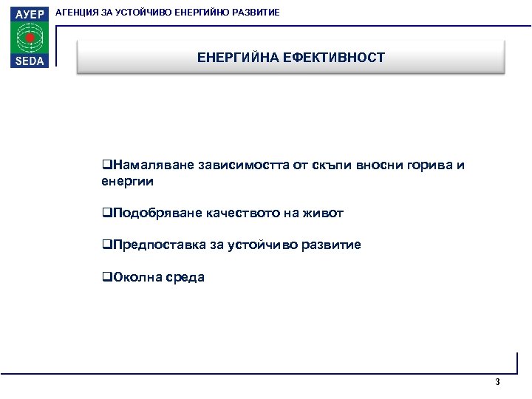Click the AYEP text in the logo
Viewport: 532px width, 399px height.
(29, 14)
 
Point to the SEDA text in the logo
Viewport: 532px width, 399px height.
(29, 61)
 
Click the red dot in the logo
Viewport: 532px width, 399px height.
(30, 38)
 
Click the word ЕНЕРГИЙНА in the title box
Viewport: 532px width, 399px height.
(238, 58)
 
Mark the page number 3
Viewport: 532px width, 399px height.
(497, 382)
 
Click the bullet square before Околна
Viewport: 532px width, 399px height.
(106, 278)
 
